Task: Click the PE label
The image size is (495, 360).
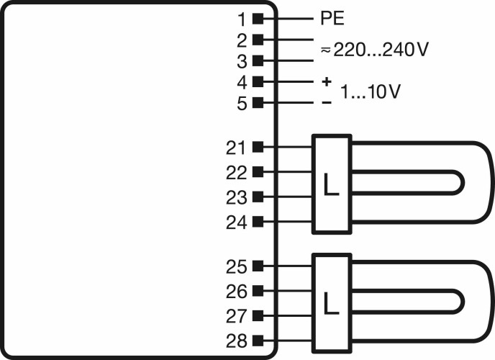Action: (332, 18)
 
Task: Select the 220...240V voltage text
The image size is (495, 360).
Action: (381, 50)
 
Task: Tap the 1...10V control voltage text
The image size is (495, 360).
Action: (371, 91)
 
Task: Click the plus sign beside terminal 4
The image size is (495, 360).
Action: (327, 82)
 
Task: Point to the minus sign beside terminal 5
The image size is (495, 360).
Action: (327, 102)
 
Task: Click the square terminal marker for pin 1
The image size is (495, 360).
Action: (258, 19)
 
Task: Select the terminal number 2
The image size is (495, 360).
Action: (242, 41)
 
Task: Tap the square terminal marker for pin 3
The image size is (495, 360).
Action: (258, 60)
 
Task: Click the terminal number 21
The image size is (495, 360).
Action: (235, 148)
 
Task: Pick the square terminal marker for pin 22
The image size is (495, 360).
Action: (258, 172)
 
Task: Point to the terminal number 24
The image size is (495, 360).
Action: (236, 222)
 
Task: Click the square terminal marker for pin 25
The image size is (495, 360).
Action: (258, 266)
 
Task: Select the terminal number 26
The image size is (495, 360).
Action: (236, 292)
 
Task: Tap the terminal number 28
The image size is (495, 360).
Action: (236, 341)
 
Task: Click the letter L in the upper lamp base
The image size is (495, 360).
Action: (331, 184)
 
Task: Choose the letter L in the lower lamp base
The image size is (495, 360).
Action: (331, 303)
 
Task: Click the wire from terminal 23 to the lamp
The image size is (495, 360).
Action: (288, 197)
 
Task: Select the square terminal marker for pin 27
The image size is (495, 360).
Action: (258, 315)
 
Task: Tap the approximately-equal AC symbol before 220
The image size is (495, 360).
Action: (326, 50)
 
